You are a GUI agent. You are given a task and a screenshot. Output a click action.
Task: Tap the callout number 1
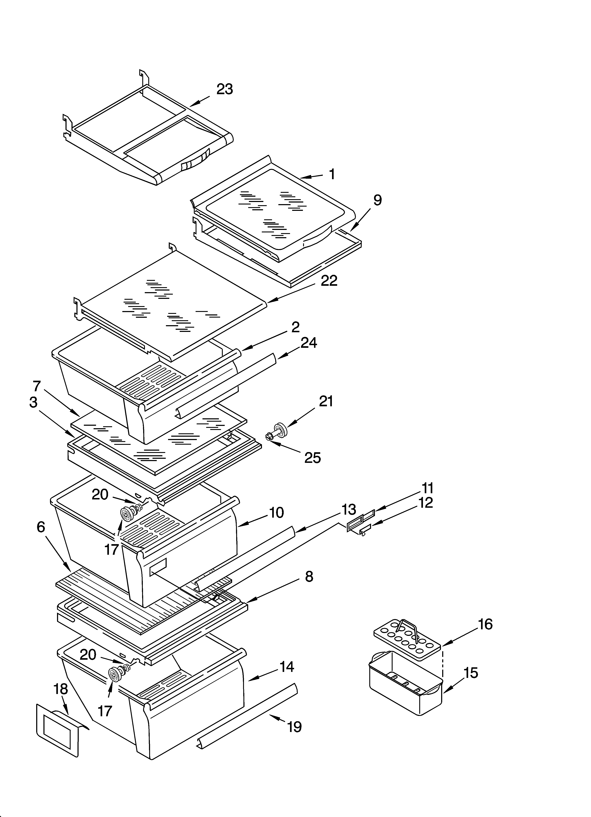coord(332,174)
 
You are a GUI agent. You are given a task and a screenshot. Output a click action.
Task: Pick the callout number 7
coord(37,386)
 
